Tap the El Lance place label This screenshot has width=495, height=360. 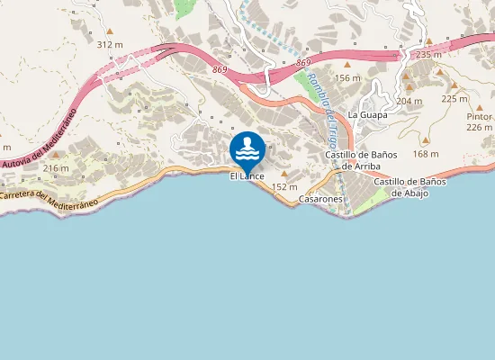click(x=247, y=175)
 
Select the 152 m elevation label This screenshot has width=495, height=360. click(x=284, y=186)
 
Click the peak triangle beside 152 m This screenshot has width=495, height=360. click(x=285, y=174)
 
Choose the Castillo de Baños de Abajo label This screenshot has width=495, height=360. click(x=409, y=186)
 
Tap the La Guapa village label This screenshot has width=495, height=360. click(x=366, y=114)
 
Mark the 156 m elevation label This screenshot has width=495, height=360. click(x=347, y=77)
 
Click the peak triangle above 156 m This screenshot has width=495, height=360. click(x=347, y=65)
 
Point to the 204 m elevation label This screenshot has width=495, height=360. click(x=409, y=101)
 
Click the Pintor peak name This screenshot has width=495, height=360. click(x=479, y=116)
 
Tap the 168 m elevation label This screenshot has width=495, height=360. click(x=426, y=153)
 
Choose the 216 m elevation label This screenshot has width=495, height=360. click(x=56, y=168)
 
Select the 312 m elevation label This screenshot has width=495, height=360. click(x=109, y=44)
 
